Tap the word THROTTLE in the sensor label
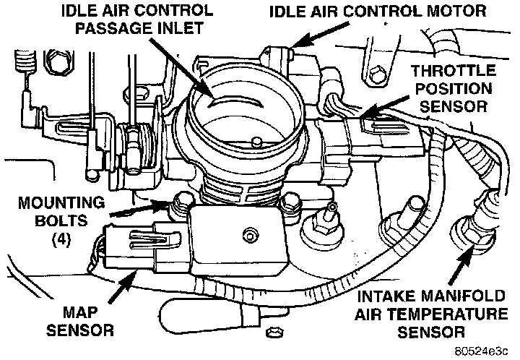click(454, 71)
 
